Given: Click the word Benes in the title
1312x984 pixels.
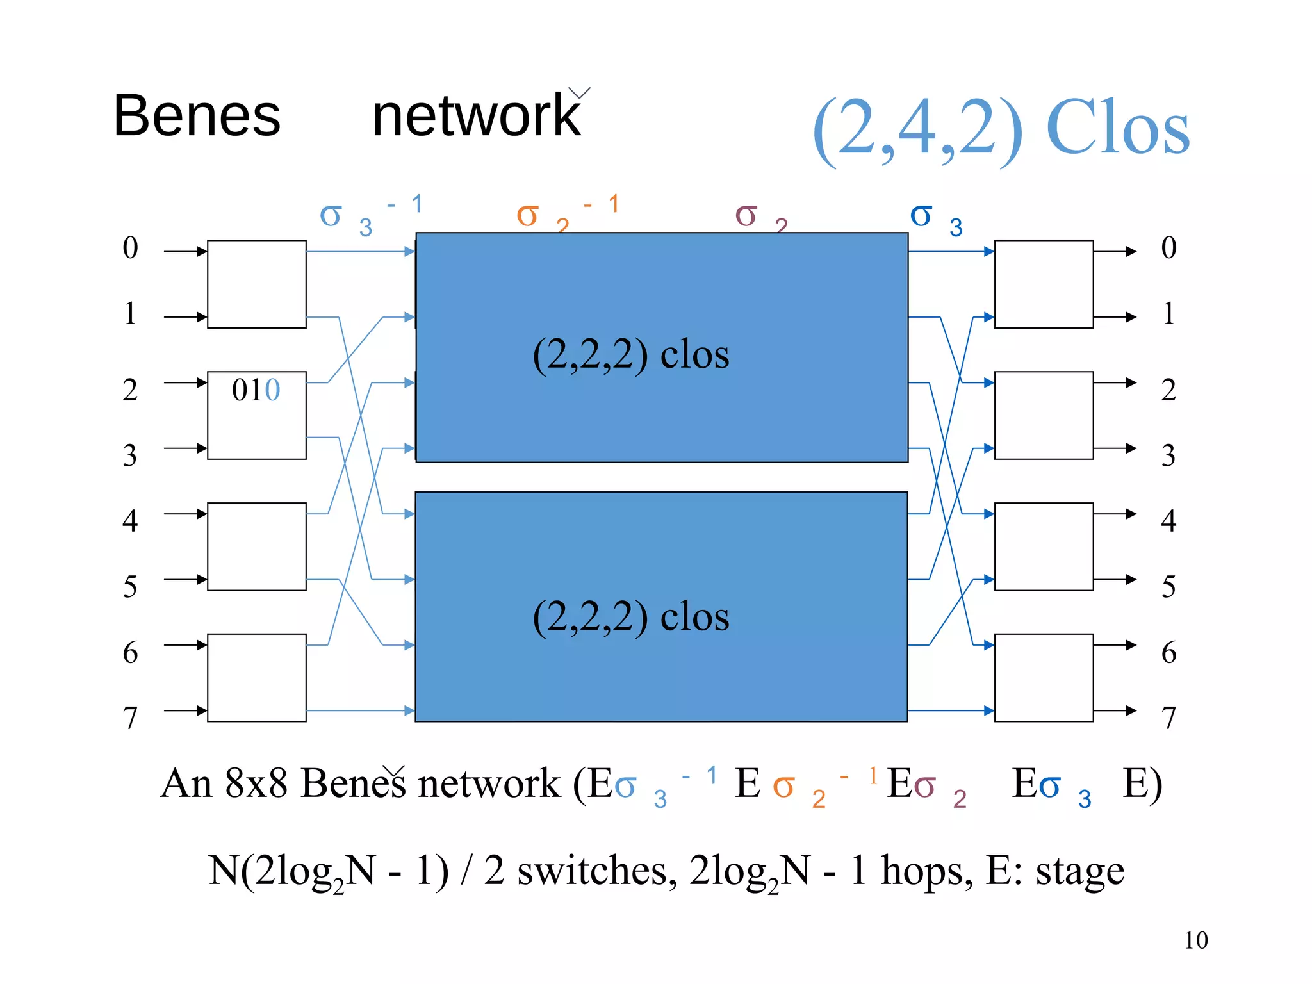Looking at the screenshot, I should pos(197,116).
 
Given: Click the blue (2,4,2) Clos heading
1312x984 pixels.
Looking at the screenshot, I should pos(1001,128).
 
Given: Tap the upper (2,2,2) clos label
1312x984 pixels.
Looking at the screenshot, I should pos(630,354).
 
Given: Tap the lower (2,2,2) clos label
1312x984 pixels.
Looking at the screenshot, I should pos(630,616).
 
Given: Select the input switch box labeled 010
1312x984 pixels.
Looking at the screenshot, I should pos(256,415).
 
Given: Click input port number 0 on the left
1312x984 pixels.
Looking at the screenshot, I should pos(130,249).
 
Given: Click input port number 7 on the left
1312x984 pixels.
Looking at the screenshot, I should pos(130,717).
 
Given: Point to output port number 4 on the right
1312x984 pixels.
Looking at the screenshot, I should pos(1168,520).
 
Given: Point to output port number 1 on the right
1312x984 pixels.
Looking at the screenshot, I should pos(1168,314).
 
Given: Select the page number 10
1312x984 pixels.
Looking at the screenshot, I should pos(1195,940).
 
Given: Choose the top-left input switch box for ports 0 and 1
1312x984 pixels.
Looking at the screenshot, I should pos(256,284).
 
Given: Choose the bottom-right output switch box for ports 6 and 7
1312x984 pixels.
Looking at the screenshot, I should pos(1044,678).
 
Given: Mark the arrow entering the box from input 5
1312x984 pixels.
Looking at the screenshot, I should pos(186,580).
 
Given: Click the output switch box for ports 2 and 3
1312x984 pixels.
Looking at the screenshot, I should pos(1044,415).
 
